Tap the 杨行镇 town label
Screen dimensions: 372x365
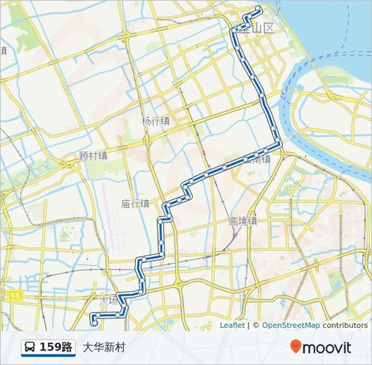[156, 121]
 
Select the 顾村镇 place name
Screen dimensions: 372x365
[94, 155]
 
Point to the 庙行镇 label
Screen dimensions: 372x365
[135, 204]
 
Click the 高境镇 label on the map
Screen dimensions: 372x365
[243, 220]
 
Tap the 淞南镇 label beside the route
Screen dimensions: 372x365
[263, 158]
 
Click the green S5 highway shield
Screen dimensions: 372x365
[16, 295]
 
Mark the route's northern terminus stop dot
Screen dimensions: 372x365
[258, 9]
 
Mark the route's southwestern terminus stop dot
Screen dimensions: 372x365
[93, 320]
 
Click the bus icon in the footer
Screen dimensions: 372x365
[29, 347]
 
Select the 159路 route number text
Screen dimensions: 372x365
[56, 347]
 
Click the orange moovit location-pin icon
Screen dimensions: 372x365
[295, 347]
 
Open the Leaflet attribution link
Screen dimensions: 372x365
[232, 326]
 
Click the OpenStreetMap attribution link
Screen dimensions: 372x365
[291, 326]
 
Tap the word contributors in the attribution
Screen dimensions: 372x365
[346, 326]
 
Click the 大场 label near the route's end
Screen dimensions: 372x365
[107, 300]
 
